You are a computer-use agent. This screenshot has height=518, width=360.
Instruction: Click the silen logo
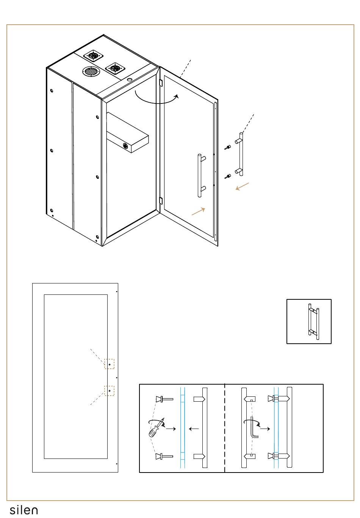pyautogui.click(x=23, y=510)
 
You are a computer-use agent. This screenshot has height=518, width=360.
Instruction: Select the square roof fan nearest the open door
pyautogui.click(x=115, y=69)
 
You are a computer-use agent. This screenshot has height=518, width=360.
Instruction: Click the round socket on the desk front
pyautogui.click(x=125, y=146)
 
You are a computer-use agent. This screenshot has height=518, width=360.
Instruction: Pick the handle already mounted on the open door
pyautogui.click(x=200, y=176)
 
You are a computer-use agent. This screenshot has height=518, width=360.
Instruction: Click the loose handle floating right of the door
pyautogui.click(x=240, y=154)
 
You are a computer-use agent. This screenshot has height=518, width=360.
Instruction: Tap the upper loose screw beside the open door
pyautogui.click(x=227, y=147)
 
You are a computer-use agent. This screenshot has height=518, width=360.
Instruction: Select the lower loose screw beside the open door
pyautogui.click(x=227, y=176)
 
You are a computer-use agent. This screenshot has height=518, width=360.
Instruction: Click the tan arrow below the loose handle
pyautogui.click(x=242, y=186)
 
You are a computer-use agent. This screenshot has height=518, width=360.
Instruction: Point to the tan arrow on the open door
pyautogui.click(x=199, y=211)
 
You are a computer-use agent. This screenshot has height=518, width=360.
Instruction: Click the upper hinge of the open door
pyautogui.click(x=161, y=83)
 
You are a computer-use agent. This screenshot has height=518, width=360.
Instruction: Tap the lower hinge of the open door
pyautogui.click(x=161, y=200)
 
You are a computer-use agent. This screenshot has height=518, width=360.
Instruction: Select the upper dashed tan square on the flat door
pyautogui.click(x=109, y=364)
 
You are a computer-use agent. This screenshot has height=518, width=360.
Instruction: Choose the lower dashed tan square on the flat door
pyautogui.click(x=109, y=391)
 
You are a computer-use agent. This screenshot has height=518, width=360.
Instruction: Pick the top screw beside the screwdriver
pyautogui.click(x=164, y=399)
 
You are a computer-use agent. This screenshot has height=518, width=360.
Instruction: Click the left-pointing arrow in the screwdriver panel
pyautogui.click(x=194, y=429)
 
